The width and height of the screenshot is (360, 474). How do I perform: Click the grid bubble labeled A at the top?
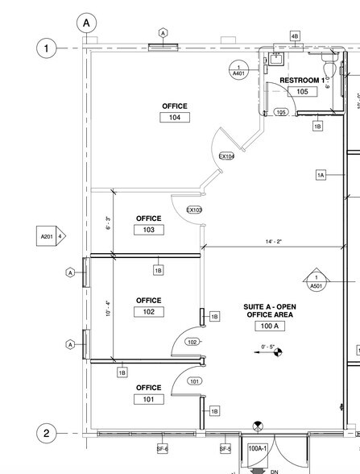87,23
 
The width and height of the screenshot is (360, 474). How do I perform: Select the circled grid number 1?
46,49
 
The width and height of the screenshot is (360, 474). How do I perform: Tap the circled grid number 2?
46,434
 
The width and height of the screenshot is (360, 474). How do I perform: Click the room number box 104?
174,118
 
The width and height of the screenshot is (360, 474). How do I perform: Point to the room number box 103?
148,230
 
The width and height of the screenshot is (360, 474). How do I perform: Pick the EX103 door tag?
194,210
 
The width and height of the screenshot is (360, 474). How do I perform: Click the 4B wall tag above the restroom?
294,36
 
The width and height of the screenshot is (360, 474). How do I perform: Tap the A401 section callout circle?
238,70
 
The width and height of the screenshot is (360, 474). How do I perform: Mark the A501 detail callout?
317,281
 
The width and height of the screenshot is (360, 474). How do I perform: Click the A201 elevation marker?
50,236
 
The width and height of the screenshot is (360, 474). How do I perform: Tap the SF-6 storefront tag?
161,448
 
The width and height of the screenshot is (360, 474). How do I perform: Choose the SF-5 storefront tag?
226,448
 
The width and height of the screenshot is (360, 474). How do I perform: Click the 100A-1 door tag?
257,448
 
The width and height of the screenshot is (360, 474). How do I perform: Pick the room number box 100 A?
269,326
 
